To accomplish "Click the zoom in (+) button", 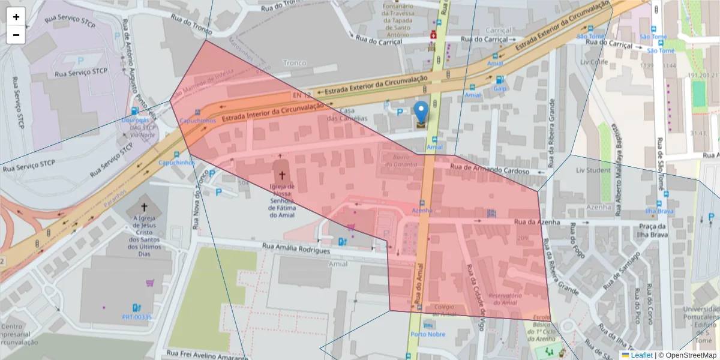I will [16, 17].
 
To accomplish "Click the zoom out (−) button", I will [16, 35].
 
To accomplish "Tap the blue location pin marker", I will [422, 112].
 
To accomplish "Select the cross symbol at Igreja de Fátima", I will [281, 175].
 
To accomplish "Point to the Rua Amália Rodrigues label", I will [296, 249].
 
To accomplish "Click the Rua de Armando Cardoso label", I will [490, 170].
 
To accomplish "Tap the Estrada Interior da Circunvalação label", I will [277, 112].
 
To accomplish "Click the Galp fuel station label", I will [500, 89].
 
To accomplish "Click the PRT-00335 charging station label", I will [137, 317].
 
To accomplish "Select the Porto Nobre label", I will [428, 334].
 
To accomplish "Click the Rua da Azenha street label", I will [537, 222].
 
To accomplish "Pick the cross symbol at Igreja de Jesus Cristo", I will [143, 206].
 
